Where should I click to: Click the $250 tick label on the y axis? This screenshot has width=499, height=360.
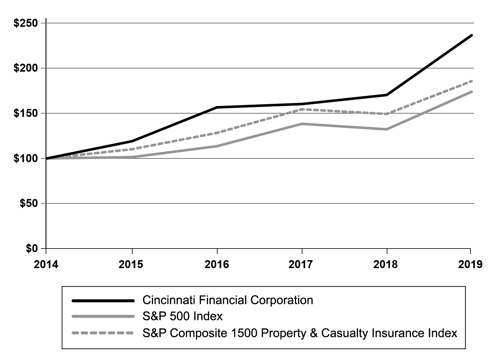tap(25, 23)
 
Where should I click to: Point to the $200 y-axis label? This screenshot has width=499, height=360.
tap(25, 68)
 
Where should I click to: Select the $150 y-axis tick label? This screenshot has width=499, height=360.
tap(25, 113)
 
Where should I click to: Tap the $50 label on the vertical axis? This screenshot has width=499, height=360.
tap(28, 203)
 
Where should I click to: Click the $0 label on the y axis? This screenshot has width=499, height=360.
tap(31, 249)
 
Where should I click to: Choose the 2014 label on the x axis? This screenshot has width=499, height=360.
tap(46, 264)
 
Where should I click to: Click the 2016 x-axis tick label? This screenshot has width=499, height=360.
tap(217, 264)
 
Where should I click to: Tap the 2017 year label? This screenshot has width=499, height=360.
tap(302, 264)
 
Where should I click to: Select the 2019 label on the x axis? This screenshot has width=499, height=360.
tap(470, 264)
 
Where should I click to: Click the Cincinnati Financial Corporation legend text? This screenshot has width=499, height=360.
tap(228, 300)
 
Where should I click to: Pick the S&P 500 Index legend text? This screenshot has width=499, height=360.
tap(182, 317)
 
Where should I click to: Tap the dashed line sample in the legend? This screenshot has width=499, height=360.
tap(103, 333)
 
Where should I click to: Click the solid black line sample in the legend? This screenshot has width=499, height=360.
tap(103, 300)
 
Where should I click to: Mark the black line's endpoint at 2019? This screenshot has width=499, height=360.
tap(471, 35)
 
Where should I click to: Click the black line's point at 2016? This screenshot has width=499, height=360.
tap(217, 107)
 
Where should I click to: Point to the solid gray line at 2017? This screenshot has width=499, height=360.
tap(302, 124)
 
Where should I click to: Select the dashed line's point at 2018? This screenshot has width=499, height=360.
tap(387, 114)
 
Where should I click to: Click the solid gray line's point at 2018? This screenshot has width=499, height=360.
tap(387, 129)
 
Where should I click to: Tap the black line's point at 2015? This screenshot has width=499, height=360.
tap(132, 141)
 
